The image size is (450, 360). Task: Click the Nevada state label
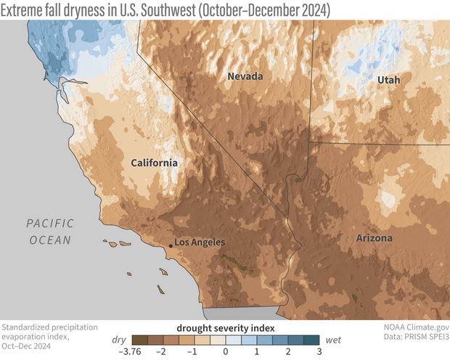245,76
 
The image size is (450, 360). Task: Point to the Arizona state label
375,238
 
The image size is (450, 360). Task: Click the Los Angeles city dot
171,246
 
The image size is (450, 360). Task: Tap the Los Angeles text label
200,242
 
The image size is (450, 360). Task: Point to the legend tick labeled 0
225,351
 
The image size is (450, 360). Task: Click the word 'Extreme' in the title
28,10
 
